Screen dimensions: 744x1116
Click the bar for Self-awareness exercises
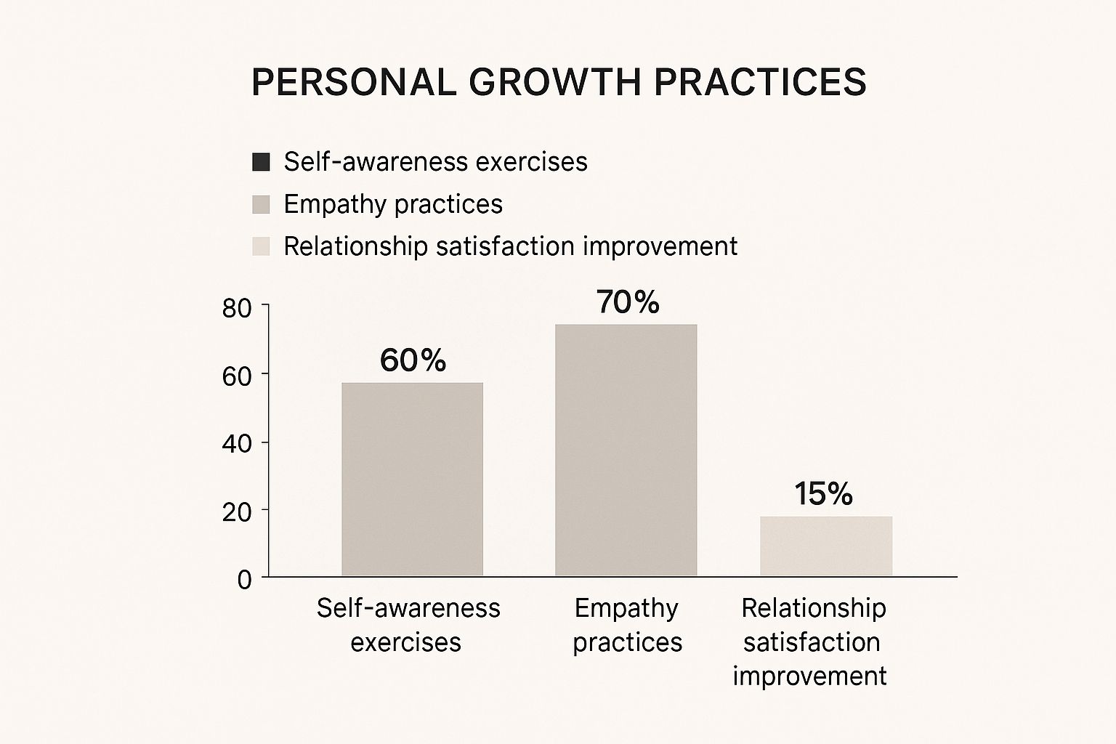point(412,479)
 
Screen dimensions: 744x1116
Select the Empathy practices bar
point(626,450)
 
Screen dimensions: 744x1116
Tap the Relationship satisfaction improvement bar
point(826,546)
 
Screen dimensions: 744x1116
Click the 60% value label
point(413,360)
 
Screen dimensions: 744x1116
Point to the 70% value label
point(628,302)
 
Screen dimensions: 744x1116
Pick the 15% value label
point(823,494)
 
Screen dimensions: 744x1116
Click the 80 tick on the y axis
point(236,308)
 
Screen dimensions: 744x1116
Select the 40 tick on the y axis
point(236,443)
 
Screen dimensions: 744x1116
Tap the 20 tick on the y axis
point(236,511)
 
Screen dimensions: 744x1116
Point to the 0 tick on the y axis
point(244,580)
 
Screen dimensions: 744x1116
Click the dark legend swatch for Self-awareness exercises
point(261,162)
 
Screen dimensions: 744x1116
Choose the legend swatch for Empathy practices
point(261,204)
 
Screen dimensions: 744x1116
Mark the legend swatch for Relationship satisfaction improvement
point(261,246)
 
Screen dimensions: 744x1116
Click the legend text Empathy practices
point(393,204)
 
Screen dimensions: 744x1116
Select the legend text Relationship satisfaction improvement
point(510,246)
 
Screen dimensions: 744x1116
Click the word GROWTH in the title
point(554,81)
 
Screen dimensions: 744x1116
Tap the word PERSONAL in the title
point(353,81)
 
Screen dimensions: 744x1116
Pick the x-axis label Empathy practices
point(627,625)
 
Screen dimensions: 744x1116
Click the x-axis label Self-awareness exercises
point(408,625)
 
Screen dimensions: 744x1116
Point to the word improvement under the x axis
point(809,676)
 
